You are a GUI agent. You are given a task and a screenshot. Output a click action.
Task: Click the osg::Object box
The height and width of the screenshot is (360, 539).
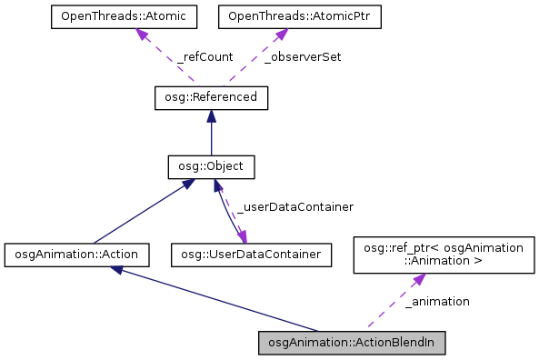point(211,167)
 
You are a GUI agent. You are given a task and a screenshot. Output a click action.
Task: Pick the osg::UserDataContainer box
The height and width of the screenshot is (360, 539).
point(251,254)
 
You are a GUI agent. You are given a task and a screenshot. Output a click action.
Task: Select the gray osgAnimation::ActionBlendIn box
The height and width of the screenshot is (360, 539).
point(352,344)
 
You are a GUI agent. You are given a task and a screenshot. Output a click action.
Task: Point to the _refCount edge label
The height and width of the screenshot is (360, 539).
point(205,56)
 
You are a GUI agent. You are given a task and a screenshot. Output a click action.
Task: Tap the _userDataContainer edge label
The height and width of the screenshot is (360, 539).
point(294,207)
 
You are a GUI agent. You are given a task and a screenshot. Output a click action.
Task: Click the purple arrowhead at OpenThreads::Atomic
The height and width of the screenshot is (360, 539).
point(141,34)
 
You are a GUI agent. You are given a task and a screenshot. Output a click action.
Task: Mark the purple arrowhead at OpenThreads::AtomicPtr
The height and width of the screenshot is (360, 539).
point(280,34)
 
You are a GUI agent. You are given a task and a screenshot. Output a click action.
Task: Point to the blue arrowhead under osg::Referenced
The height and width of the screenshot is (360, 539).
point(211,115)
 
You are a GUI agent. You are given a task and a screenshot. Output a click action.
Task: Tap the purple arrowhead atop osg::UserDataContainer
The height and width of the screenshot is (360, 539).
point(244,236)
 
